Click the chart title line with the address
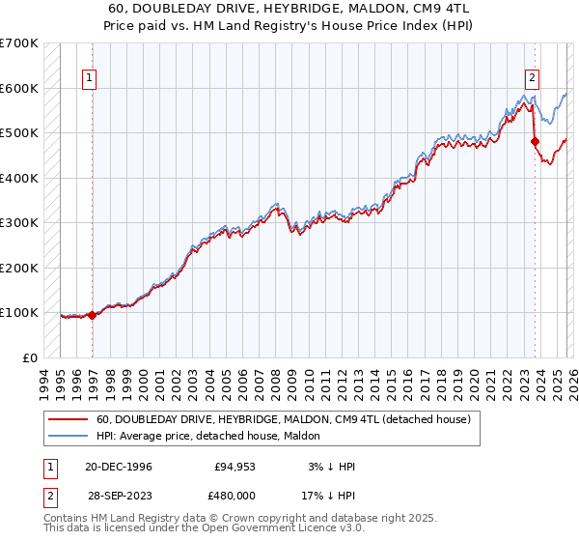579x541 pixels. coord(289,8)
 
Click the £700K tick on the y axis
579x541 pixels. coord(19,43)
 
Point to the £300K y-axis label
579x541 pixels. coord(19,223)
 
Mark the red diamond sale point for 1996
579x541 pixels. coord(93,314)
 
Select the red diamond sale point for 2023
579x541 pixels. coord(535,142)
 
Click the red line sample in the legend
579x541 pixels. coord(68,419)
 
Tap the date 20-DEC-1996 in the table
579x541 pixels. coord(118,467)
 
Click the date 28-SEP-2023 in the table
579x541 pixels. coord(118,495)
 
